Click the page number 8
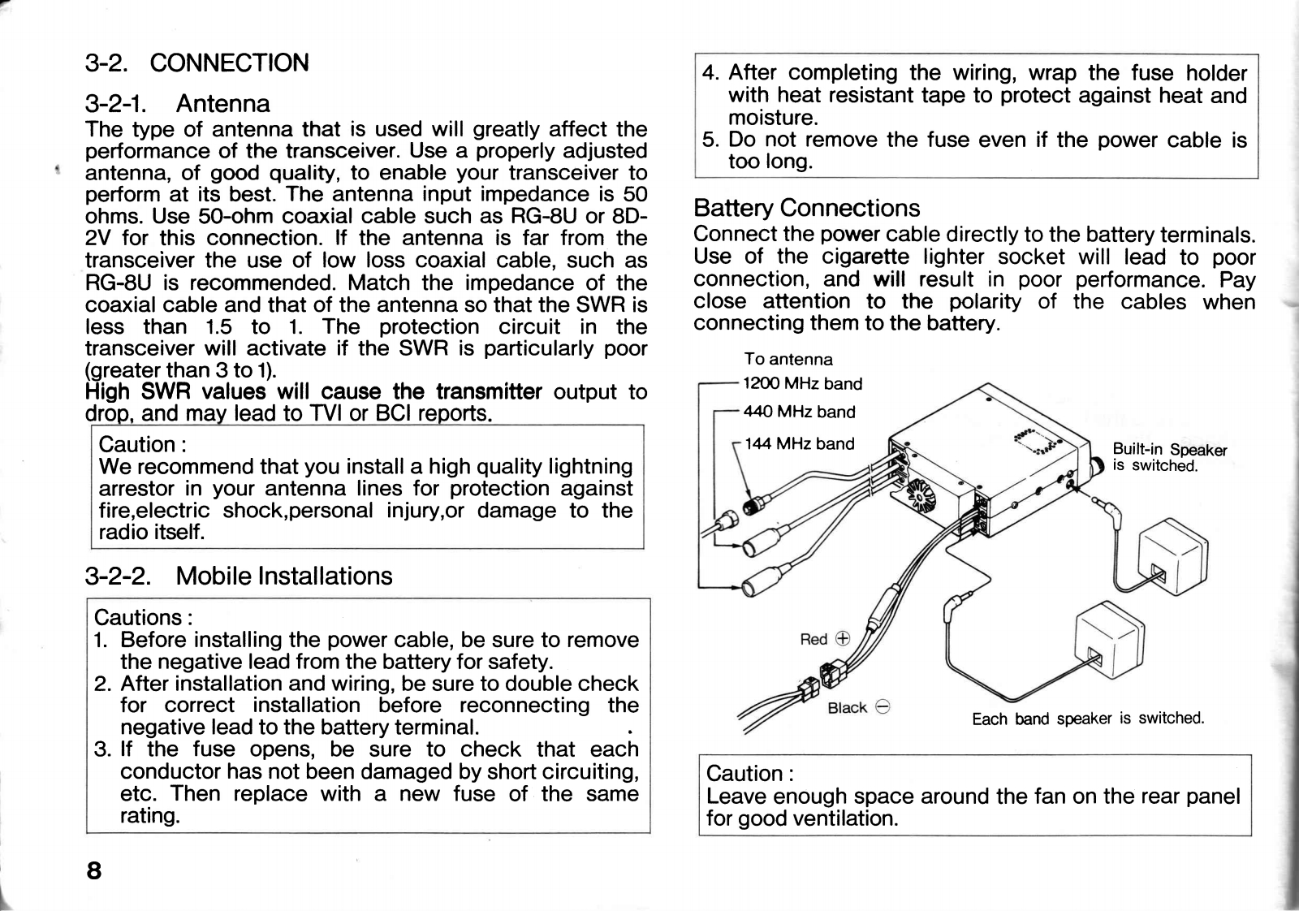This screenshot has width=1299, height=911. [94, 870]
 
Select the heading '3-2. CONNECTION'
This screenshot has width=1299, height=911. [196, 63]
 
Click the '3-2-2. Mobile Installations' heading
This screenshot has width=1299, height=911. [238, 576]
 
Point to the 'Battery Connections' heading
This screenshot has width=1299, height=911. [806, 208]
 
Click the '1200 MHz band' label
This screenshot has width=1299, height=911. [802, 383]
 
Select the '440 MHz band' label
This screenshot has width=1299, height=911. [799, 412]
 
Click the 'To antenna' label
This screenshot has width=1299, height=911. [788, 359]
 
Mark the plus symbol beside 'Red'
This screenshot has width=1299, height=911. [843, 638]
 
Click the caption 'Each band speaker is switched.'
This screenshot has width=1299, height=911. [1087, 719]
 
